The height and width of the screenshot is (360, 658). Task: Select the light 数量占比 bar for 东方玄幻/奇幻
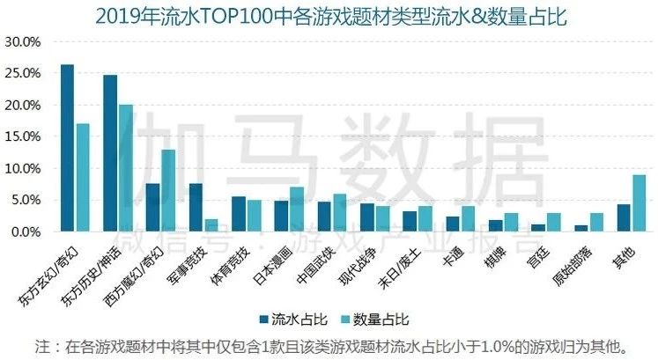[x=83, y=177]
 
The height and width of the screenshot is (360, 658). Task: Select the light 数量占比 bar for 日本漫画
[x=297, y=209]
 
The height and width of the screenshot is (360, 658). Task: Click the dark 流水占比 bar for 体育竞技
[x=239, y=214]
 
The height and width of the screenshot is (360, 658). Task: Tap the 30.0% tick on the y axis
[x=22, y=41]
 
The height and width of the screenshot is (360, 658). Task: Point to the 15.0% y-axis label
[x=22, y=136]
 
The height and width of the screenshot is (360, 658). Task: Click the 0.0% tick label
[x=25, y=231]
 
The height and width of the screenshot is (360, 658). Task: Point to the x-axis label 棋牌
[x=492, y=251]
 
